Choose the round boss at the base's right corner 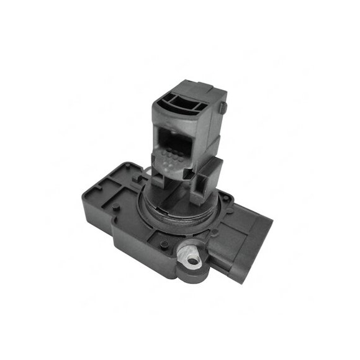point(226,199)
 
